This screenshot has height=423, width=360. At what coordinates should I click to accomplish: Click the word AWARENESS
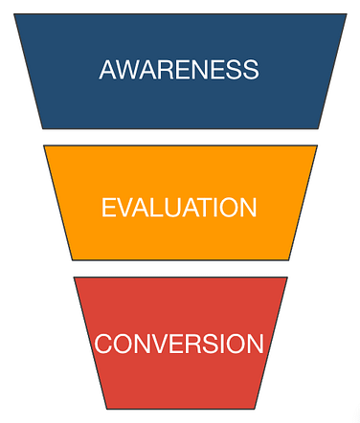[179, 70]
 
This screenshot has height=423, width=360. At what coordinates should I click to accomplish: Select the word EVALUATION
[179, 208]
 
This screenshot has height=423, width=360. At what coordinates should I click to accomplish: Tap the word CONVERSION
[179, 344]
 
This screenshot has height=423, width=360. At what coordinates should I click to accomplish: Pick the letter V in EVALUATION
[124, 208]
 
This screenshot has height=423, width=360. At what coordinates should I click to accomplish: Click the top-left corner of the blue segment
[14, 14]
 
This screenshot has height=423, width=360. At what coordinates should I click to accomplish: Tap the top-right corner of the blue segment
[346, 14]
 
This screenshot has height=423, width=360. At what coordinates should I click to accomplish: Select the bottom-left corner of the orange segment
[73, 258]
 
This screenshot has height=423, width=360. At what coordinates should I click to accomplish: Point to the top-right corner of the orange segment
[316, 146]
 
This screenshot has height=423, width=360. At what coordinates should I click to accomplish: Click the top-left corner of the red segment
[75, 278]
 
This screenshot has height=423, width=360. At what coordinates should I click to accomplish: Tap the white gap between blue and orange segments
[180, 137]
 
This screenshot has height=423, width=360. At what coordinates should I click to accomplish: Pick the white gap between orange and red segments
[180, 268]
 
